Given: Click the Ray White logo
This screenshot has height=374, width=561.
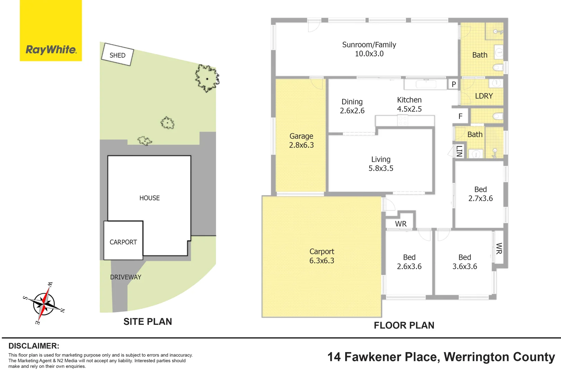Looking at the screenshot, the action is click(x=51, y=30).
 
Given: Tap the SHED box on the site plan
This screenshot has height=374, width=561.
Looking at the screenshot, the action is click(x=117, y=54).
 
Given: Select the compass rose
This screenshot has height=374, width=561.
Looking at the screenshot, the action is click(x=44, y=303).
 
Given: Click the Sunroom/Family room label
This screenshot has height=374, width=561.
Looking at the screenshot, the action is click(x=369, y=49).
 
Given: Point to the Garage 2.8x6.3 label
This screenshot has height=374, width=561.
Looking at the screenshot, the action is click(x=301, y=141).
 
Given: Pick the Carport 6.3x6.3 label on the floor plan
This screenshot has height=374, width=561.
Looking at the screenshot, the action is click(x=322, y=256).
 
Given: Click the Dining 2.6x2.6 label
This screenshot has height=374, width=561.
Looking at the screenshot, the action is click(x=352, y=106).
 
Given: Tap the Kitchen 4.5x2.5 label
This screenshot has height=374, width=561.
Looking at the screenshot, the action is click(x=409, y=105).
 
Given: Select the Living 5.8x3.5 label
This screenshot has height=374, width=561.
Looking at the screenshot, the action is click(x=381, y=164).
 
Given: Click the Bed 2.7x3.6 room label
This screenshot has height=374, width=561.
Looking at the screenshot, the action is click(x=481, y=194).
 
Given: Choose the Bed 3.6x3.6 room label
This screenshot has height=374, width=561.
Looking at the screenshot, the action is click(x=465, y=262).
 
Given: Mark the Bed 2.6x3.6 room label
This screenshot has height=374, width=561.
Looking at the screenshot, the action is click(x=409, y=262).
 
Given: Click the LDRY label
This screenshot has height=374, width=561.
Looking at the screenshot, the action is click(x=484, y=96).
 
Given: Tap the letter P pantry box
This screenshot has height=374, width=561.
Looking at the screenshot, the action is click(x=454, y=84).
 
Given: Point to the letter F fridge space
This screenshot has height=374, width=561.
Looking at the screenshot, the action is click(x=460, y=116).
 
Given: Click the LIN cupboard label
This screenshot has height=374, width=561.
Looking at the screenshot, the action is click(x=459, y=151).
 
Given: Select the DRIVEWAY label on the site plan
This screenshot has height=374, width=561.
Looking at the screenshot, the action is click(x=126, y=277).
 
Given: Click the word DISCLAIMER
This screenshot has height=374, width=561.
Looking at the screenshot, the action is click(x=34, y=346).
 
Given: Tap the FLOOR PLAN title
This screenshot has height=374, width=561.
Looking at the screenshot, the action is click(x=404, y=326).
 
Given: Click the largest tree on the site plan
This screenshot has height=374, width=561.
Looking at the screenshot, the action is click(x=207, y=78).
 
